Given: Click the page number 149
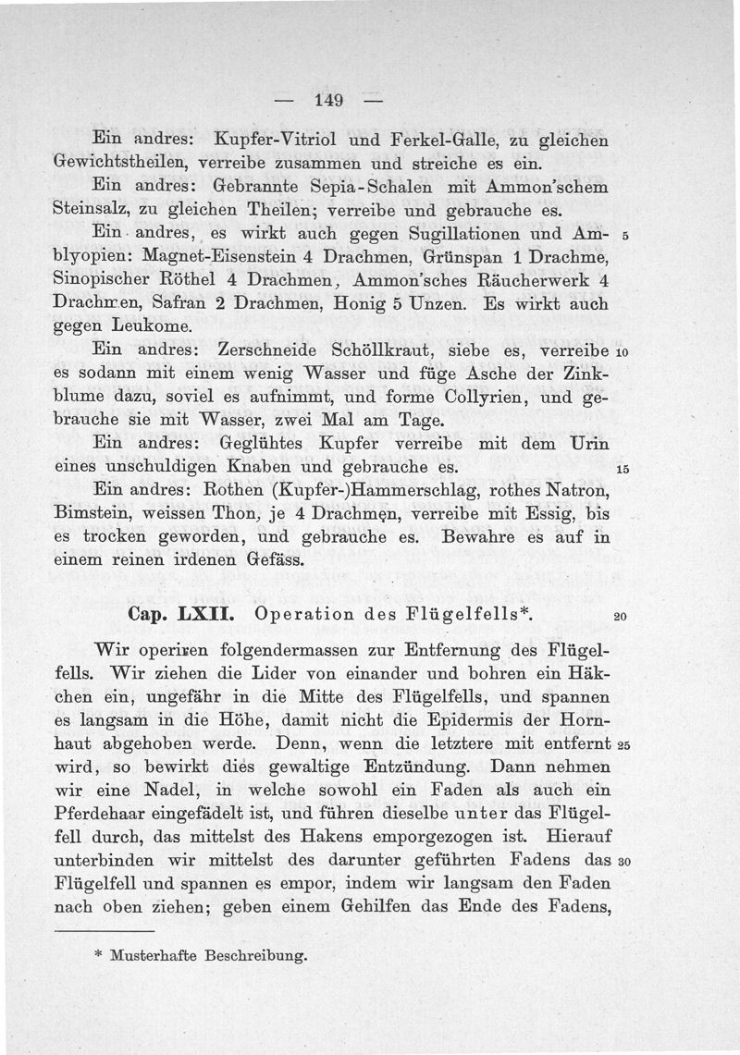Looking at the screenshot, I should [x=329, y=100].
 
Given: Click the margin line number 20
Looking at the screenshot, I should [x=620, y=618].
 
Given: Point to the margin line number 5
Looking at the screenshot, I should [x=626, y=236].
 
